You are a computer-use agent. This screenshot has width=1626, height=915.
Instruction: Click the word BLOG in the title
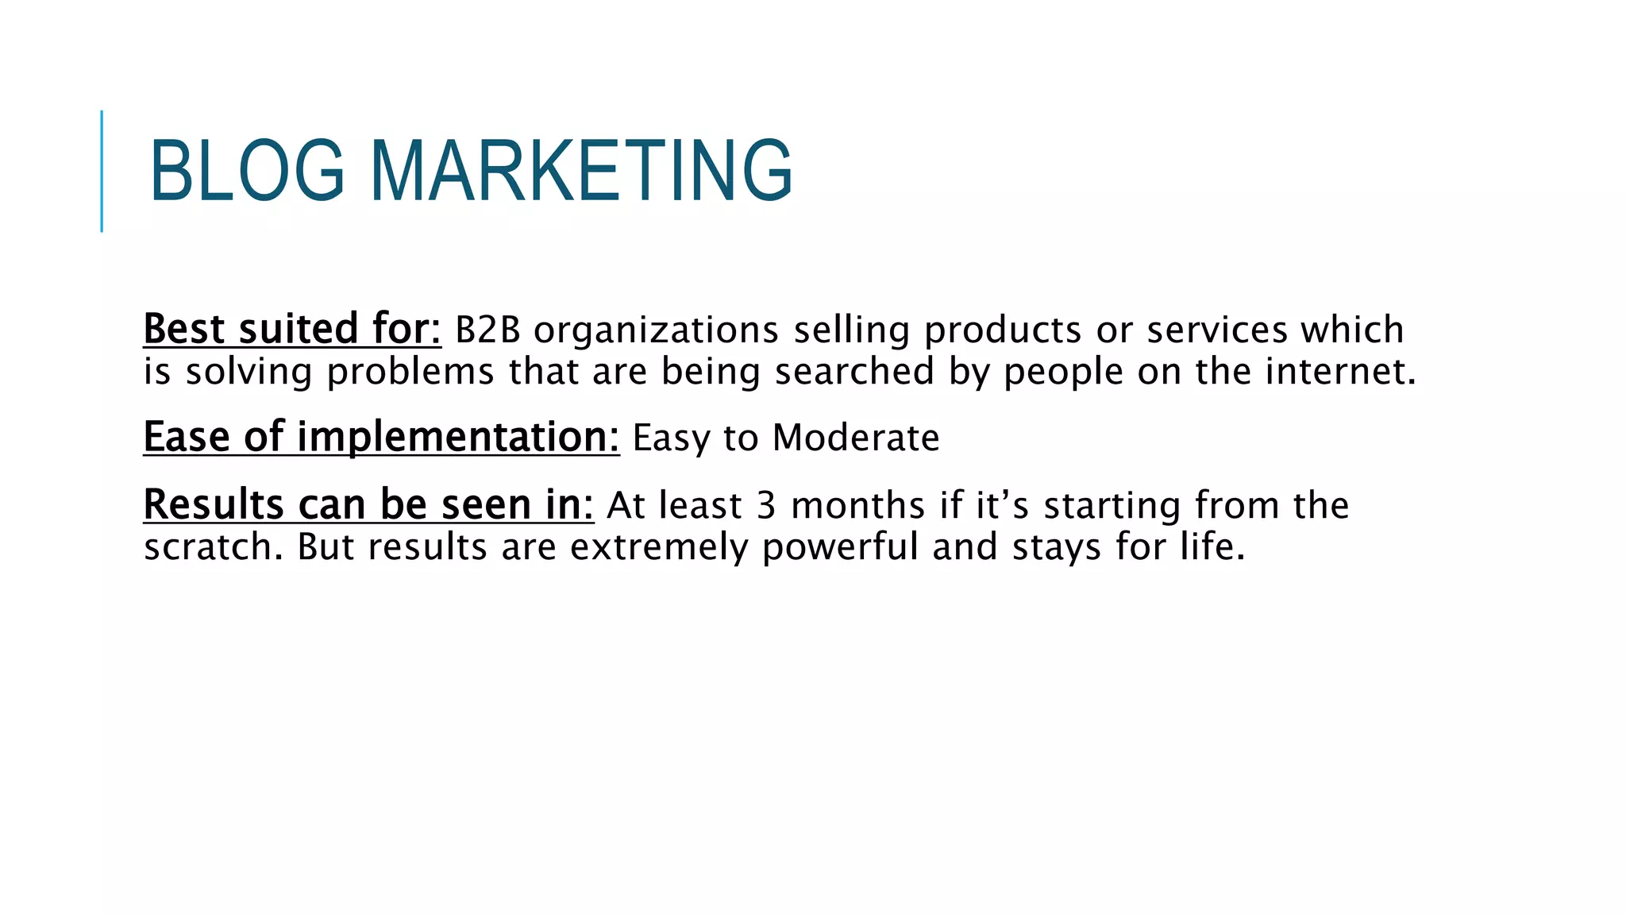click(x=247, y=170)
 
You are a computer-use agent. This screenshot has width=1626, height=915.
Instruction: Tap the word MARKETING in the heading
click(x=581, y=170)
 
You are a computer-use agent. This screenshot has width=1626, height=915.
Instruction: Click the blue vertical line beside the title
click(x=102, y=171)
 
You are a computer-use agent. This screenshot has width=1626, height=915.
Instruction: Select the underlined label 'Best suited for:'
click(x=291, y=329)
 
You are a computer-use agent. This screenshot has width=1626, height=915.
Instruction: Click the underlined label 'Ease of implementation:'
click(x=381, y=438)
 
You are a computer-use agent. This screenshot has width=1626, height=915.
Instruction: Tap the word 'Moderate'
click(x=856, y=438)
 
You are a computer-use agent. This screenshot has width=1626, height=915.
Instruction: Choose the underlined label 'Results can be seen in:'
click(x=368, y=505)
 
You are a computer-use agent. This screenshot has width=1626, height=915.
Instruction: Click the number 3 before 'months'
click(x=765, y=506)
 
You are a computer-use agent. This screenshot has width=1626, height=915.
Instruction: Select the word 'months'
click(x=858, y=506)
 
